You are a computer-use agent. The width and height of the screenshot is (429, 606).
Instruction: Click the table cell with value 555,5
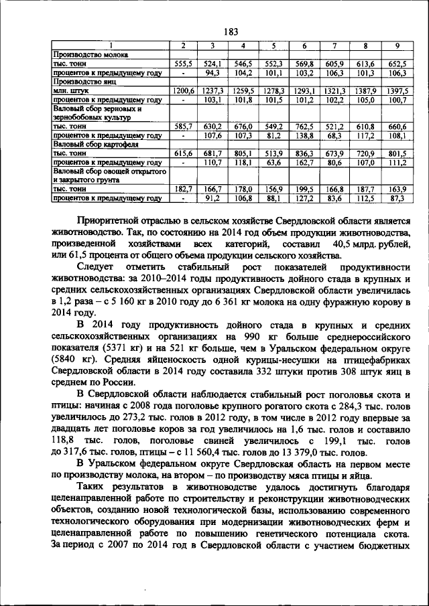(x=182, y=62)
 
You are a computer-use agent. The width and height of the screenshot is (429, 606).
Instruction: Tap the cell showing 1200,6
(x=182, y=90)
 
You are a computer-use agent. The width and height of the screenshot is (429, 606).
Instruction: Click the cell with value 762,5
(x=304, y=126)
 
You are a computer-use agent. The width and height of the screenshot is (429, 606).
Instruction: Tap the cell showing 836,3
(x=304, y=153)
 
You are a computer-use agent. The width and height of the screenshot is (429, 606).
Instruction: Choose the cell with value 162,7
(x=304, y=162)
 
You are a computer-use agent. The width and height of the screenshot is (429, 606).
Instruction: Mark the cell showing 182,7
(x=182, y=190)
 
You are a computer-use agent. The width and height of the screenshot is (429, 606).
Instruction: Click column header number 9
(x=397, y=45)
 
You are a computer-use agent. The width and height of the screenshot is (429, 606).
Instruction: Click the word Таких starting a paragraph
(x=93, y=487)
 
